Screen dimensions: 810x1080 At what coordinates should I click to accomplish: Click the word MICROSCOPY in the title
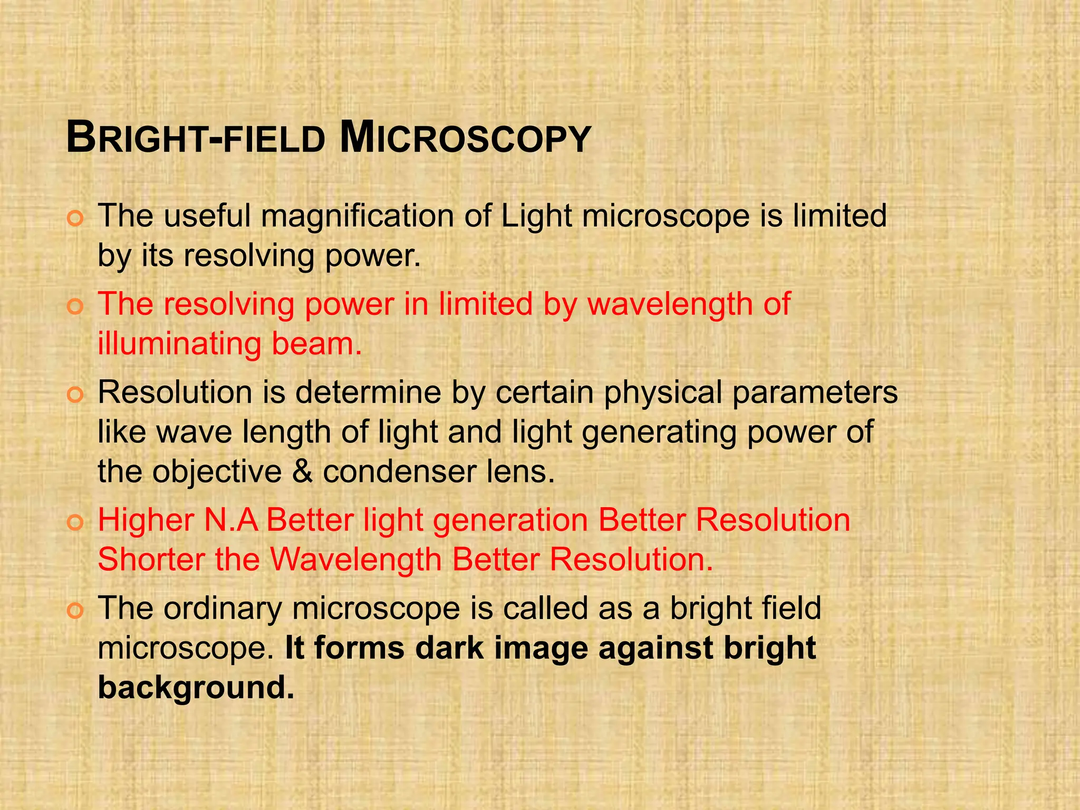465,138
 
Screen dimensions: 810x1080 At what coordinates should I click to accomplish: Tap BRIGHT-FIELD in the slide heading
196,138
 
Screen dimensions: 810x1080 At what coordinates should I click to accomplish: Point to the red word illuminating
179,344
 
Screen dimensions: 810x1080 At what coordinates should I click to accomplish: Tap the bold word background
196,688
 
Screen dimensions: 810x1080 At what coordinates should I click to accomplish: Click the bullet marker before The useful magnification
75,218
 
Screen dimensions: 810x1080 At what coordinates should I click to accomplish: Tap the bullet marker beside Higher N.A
75,522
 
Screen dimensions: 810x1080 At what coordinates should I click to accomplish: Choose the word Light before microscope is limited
536,216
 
